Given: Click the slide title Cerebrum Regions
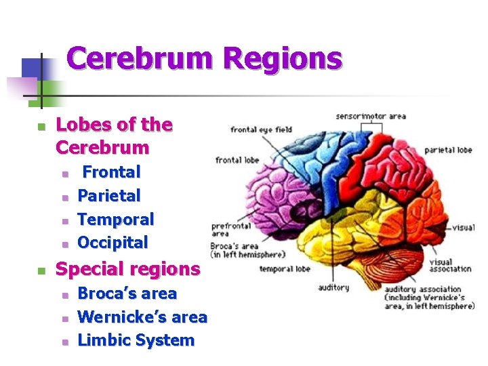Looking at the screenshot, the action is [204, 59].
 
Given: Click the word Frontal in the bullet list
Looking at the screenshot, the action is [111, 172].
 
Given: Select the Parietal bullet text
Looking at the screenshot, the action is [109, 196].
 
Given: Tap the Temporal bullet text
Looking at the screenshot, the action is [116, 219].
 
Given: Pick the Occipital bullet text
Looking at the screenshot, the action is [113, 242].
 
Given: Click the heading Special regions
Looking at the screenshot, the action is [127, 269].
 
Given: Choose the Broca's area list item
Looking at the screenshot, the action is [127, 293].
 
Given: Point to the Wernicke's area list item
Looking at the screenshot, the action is [142, 317].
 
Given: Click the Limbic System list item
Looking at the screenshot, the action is [136, 340].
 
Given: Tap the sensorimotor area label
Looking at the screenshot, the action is [371, 116].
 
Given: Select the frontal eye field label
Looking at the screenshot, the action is [261, 129].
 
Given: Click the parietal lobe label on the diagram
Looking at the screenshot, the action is [448, 150].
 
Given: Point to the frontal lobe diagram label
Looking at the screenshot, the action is [237, 161].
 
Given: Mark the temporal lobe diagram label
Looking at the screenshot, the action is [285, 268].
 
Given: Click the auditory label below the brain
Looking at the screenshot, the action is [333, 287].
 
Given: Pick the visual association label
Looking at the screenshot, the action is [450, 265].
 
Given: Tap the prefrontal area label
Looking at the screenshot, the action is [231, 229].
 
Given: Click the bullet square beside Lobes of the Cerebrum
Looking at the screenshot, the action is [41, 127].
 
